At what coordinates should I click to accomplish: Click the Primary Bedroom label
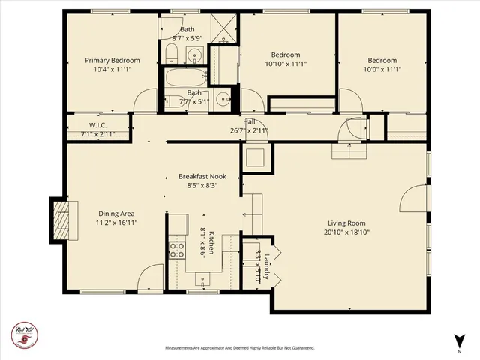pyautogui.click(x=112, y=60)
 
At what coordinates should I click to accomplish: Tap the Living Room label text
pyautogui.click(x=345, y=222)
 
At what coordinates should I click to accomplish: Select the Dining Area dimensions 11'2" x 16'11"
pyautogui.click(x=116, y=222)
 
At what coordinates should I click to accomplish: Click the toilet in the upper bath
pyautogui.click(x=170, y=53)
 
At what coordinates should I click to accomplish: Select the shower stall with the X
pyautogui.click(x=223, y=27)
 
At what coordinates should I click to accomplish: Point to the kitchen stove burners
pyautogui.click(x=177, y=250)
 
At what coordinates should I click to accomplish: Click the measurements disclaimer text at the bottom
pyautogui.click(x=239, y=348)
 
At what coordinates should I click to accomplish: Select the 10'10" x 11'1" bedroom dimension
pyautogui.click(x=286, y=64)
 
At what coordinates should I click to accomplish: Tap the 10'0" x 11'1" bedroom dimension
pyautogui.click(x=382, y=70)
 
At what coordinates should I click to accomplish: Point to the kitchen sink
pyautogui.click(x=204, y=280)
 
